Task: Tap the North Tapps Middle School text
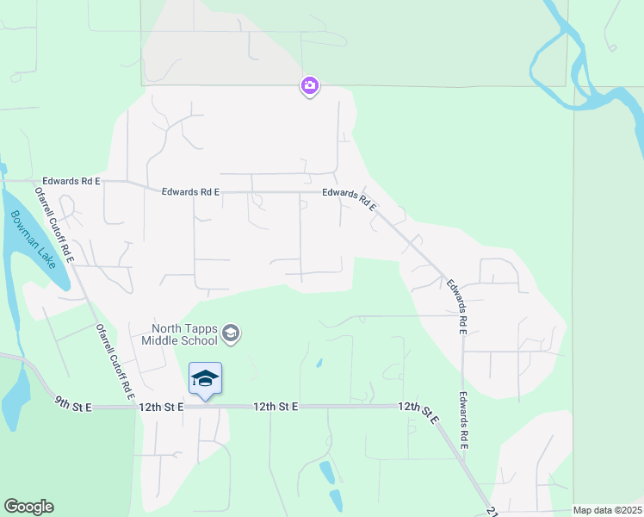coord(184,333)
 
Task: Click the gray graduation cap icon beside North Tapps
coord(231,333)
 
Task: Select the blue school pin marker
coord(205,379)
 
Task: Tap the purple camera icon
coord(310,86)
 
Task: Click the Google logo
coord(28,507)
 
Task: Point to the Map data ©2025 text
coord(607,510)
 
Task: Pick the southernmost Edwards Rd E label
coord(463,421)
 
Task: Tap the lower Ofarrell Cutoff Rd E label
coord(115,362)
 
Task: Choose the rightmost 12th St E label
coord(419,412)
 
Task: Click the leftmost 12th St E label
coord(163,406)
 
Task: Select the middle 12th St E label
coord(276,406)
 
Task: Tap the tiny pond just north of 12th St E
coord(319,364)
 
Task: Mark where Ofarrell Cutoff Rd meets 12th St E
coord(137,406)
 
